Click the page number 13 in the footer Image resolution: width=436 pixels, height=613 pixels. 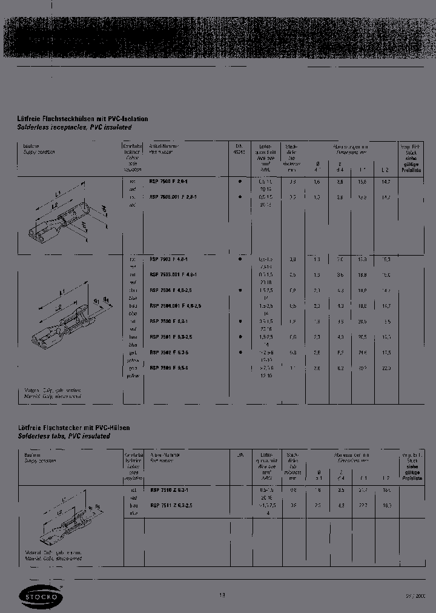[x=222, y=595]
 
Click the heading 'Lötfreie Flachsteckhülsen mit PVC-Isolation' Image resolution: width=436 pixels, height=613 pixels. [x=82, y=119]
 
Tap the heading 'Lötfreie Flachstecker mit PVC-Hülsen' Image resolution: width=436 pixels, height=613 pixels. [x=73, y=428]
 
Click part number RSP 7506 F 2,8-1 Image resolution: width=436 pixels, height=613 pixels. [x=169, y=181]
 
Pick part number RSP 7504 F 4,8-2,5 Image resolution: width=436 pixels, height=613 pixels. [x=171, y=290]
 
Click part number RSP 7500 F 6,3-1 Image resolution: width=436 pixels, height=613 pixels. [x=169, y=322]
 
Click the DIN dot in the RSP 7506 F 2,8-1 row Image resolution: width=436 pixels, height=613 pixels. [x=240, y=181]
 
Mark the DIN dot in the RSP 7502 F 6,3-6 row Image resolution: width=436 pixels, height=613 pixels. [x=240, y=352]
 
